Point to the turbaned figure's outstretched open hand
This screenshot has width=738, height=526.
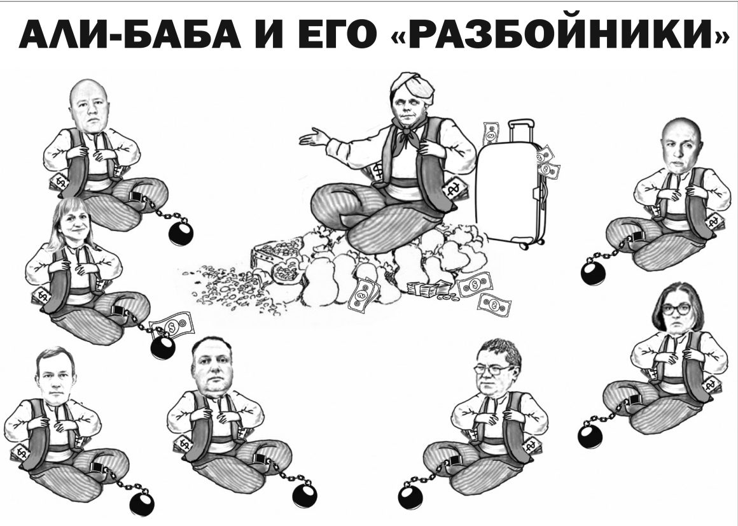click(313, 137)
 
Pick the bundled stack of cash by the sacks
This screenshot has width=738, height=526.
click(428, 288)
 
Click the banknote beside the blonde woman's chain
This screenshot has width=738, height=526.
click(171, 325)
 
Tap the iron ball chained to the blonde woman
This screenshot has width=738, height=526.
click(163, 347)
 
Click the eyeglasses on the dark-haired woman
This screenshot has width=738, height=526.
click(676, 310)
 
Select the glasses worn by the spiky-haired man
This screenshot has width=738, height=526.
click(491, 369)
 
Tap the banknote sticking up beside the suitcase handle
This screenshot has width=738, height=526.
click(491, 134)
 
